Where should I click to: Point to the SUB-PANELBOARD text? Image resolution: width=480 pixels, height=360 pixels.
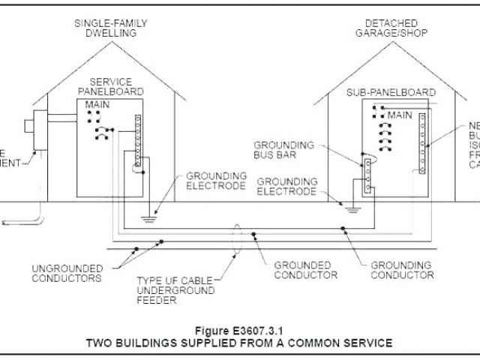(391, 92)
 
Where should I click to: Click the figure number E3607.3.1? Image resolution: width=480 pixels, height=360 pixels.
(239, 329)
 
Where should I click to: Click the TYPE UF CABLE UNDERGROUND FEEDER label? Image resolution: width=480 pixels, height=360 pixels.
(175, 290)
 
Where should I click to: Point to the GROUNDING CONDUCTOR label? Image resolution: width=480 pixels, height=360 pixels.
(402, 270)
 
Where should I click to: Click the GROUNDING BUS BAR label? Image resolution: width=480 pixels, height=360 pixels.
(283, 151)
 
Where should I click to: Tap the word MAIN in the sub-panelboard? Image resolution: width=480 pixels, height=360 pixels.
(399, 115)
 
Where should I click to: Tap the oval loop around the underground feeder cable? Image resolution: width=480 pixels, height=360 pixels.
(238, 240)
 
